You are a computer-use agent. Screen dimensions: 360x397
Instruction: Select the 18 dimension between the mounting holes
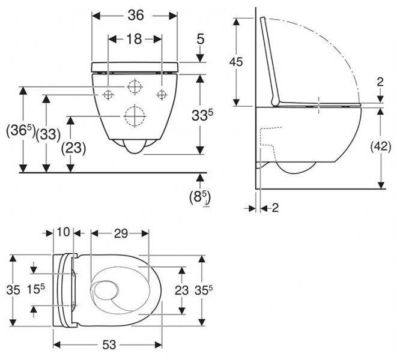(x=135, y=40)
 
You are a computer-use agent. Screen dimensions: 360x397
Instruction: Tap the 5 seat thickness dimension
(x=201, y=40)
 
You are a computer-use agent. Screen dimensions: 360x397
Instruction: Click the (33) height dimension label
(x=48, y=134)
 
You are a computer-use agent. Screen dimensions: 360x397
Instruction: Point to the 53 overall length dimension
(x=108, y=346)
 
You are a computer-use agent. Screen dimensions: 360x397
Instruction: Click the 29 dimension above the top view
(x=121, y=233)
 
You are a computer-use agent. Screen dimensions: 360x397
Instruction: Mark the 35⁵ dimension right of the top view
(x=206, y=290)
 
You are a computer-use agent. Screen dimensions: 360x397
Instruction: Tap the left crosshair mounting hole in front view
(x=108, y=94)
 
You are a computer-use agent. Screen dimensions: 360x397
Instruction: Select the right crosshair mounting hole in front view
(x=161, y=94)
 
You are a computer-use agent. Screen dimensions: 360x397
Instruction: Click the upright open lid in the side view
(x=270, y=63)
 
